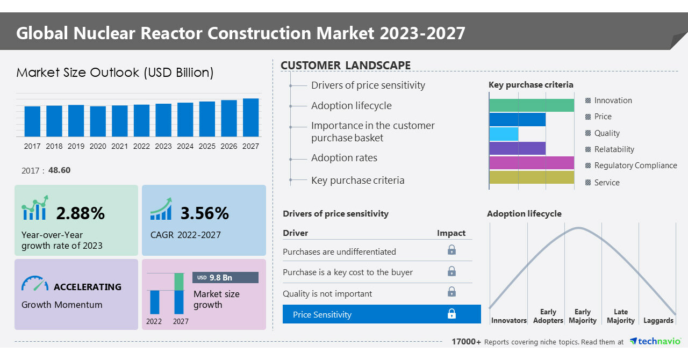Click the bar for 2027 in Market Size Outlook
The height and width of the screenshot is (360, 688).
250,117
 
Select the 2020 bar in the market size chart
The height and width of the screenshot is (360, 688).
98,121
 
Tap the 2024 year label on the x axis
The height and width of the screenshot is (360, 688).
185,146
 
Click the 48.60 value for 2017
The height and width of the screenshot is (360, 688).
59,170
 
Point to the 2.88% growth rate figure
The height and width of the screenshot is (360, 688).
81,213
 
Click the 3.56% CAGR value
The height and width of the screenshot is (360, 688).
205,213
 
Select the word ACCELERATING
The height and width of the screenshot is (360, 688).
88,287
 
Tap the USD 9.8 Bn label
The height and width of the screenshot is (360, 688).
225,277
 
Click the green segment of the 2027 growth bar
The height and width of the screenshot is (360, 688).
179,282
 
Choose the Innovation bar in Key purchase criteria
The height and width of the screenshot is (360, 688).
532,105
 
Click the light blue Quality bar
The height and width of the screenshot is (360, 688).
504,134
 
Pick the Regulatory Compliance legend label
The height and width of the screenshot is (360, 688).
635,165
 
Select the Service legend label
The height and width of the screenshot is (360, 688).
607,183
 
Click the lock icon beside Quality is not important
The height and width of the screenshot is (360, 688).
451,292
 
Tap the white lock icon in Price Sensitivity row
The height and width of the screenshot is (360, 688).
451,314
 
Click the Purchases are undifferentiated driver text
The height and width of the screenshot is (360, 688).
339,251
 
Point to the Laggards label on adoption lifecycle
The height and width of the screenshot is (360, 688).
658,321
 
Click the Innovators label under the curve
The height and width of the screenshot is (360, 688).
508,321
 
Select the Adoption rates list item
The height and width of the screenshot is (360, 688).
344,158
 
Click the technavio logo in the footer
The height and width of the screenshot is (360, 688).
655,342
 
